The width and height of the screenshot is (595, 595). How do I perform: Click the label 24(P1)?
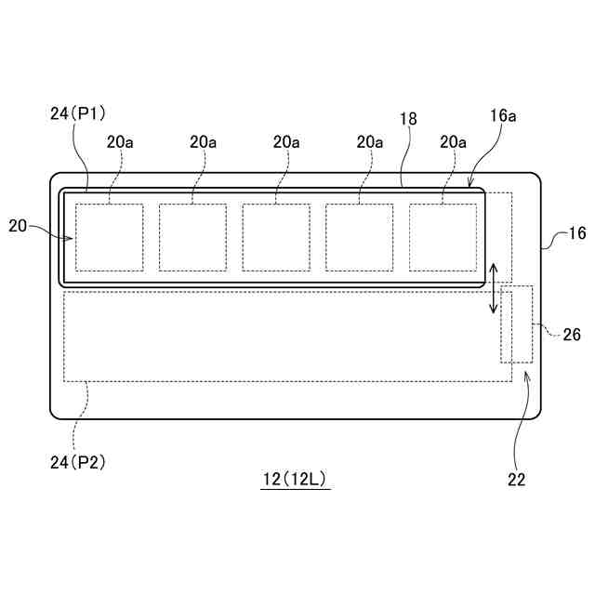(79, 114)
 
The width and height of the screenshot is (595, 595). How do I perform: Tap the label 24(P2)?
(79, 461)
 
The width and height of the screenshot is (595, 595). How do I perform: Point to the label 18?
(407, 120)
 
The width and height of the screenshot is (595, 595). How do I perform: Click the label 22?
(516, 480)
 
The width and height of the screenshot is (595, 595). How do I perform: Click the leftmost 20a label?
(120, 142)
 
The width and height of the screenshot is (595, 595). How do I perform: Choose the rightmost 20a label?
(453, 142)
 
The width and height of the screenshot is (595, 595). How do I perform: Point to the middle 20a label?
(286, 142)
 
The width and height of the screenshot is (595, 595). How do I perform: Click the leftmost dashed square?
(110, 237)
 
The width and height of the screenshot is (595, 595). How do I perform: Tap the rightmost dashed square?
(443, 237)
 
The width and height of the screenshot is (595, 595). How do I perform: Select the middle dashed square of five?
(276, 237)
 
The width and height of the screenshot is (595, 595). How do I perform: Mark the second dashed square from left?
(192, 237)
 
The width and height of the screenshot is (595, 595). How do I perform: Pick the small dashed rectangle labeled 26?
(517, 324)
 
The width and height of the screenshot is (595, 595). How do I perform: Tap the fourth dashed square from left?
(359, 237)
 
